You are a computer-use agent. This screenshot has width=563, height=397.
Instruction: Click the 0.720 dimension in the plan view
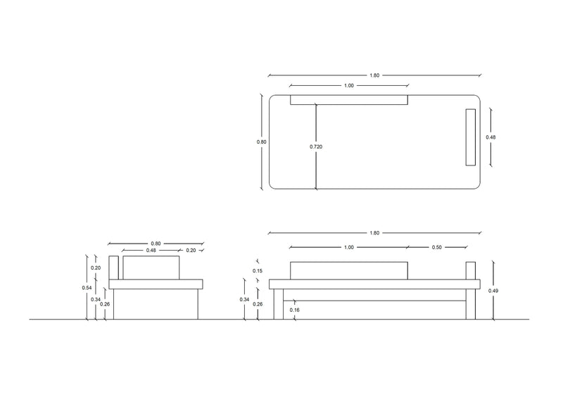(317, 146)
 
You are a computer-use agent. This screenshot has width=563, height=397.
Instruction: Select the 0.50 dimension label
(437, 247)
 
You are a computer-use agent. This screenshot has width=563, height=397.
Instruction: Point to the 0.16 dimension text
(294, 310)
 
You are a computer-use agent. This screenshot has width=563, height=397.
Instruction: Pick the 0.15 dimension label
(257, 271)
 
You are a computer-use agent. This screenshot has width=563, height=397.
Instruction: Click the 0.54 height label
(86, 287)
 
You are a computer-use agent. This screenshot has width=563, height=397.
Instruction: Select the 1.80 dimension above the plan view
(374, 75)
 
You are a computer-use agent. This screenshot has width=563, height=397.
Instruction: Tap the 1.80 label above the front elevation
(374, 233)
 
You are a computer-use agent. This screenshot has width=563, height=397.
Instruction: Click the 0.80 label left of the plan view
(262, 141)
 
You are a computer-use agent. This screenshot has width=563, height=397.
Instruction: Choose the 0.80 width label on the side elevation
(156, 244)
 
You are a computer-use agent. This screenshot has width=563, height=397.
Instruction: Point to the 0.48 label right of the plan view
(491, 137)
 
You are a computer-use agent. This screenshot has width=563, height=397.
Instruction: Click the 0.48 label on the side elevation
(151, 251)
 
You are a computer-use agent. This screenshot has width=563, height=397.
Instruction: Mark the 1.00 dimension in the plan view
(348, 85)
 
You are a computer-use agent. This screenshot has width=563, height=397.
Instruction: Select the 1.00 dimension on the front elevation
(348, 247)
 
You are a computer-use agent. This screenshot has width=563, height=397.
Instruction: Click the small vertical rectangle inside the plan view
(470, 137)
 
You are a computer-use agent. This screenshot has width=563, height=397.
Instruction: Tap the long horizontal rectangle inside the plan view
(349, 100)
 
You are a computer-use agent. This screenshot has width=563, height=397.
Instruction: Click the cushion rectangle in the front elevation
(348, 270)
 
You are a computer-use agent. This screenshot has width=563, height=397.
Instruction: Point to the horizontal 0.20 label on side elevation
(191, 251)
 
